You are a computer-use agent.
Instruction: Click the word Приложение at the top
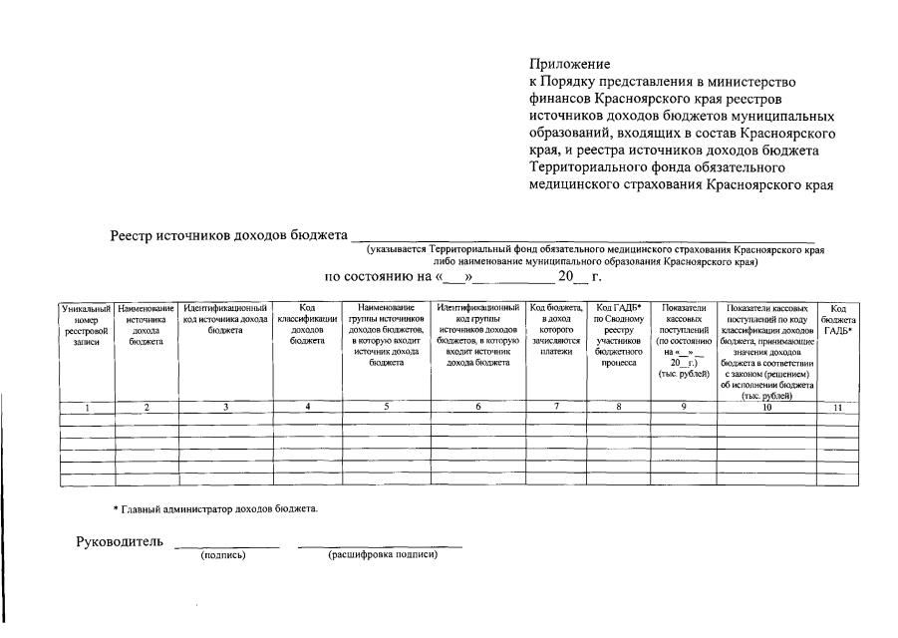[x=569, y=65]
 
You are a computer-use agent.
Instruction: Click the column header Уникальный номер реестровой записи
[x=86, y=325]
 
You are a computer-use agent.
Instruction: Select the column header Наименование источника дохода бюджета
[x=146, y=325]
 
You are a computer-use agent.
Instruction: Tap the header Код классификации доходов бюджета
[x=307, y=325]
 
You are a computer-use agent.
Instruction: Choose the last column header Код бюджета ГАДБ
[x=838, y=320]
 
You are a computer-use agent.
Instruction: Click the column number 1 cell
[x=87, y=407]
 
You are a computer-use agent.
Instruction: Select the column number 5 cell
[x=386, y=407]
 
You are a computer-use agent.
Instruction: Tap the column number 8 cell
[x=618, y=407]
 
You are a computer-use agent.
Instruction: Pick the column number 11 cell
[x=838, y=407]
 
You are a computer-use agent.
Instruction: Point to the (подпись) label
[x=223, y=555]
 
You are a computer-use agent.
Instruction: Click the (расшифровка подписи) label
[x=383, y=555]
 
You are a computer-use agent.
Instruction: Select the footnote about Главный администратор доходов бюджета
[x=215, y=509]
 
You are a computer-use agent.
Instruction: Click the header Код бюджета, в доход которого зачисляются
[x=556, y=330]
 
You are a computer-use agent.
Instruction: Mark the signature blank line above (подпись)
[x=226, y=546]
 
